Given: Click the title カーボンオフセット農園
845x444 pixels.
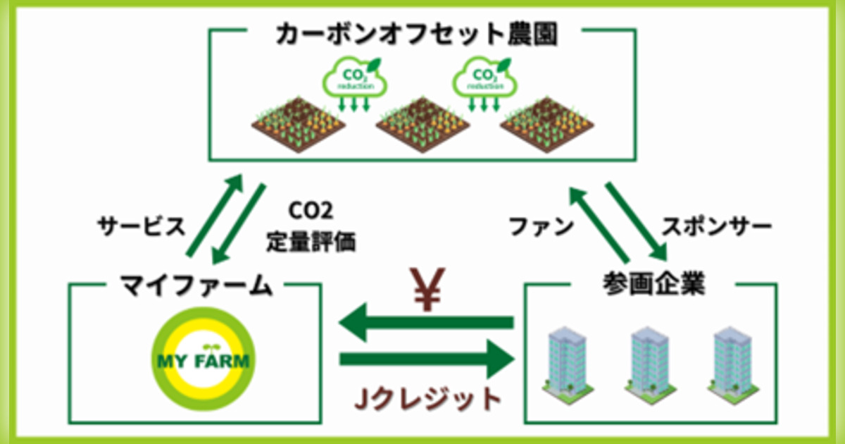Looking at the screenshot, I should click(417, 34).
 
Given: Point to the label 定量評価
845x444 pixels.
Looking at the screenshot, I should click(311, 243).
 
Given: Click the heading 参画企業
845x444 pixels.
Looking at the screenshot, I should click(652, 284).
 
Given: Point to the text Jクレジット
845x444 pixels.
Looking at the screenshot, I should click(427, 399).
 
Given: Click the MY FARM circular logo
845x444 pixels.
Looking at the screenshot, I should click(202, 362).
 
